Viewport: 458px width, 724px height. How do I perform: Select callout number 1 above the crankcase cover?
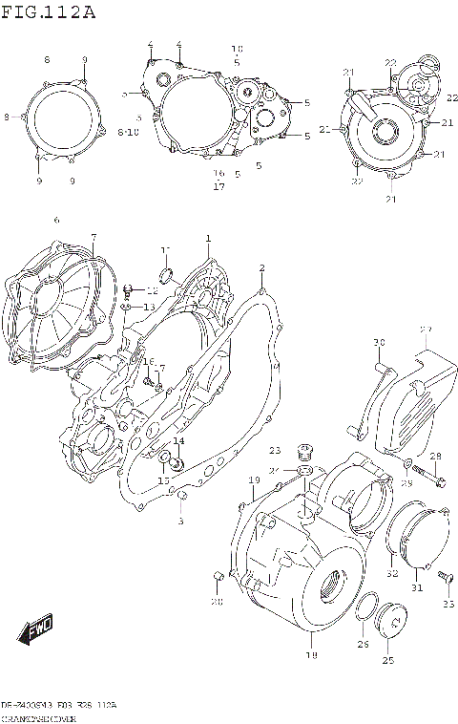(x=208, y=238)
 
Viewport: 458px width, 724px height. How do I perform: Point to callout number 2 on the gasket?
(x=261, y=268)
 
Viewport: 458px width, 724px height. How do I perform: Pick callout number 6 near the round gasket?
(x=56, y=220)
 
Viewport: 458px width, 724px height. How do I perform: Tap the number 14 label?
(x=178, y=440)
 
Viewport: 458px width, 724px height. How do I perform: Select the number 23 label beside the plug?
(x=275, y=450)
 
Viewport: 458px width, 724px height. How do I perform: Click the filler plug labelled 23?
(x=305, y=452)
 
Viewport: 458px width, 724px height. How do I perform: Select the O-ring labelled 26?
(x=364, y=611)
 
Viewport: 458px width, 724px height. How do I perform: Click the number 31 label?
(x=415, y=587)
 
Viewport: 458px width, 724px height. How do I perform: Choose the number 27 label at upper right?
(x=425, y=330)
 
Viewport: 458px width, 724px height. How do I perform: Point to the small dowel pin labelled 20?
(x=218, y=574)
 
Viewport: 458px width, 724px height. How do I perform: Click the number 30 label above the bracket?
(x=378, y=343)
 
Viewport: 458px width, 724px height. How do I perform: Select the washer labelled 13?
(x=127, y=307)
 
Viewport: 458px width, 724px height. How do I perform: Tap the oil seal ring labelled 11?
(x=164, y=278)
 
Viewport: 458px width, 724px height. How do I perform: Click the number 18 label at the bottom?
(x=309, y=656)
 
